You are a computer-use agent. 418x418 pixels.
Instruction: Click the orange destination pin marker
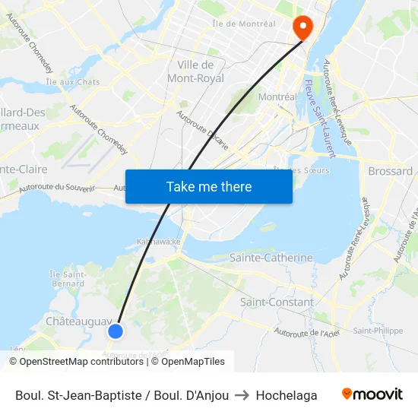pos(302,27)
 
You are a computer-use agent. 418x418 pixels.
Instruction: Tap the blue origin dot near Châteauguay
pos(116,331)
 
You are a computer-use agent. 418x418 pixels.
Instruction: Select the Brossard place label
pos(390,171)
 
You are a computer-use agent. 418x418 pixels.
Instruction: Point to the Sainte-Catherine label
pos(271,258)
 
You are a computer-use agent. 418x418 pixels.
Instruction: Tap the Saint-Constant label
pos(277,302)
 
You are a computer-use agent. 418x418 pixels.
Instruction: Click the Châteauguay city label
pos(78,321)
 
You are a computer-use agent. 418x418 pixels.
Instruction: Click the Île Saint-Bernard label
pos(67,279)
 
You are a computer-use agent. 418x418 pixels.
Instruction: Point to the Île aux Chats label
pos(73,82)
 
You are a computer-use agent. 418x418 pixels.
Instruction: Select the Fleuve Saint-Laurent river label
pos(320,119)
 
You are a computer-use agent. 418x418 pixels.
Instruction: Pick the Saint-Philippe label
pos(378,331)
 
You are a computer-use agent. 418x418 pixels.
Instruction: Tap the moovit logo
pos(372,394)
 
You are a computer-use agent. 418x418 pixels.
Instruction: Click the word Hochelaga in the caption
pos(287,395)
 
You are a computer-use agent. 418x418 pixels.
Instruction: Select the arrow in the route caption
pos(242,395)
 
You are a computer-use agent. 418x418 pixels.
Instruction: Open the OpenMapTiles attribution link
pos(192,362)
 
